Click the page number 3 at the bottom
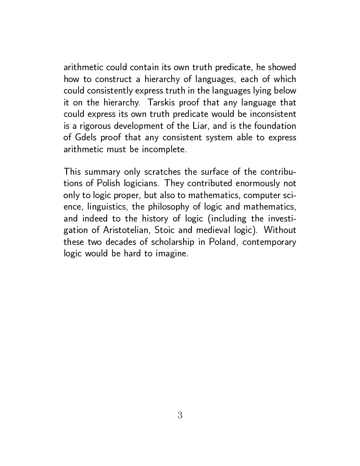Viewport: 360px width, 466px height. [180, 415]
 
